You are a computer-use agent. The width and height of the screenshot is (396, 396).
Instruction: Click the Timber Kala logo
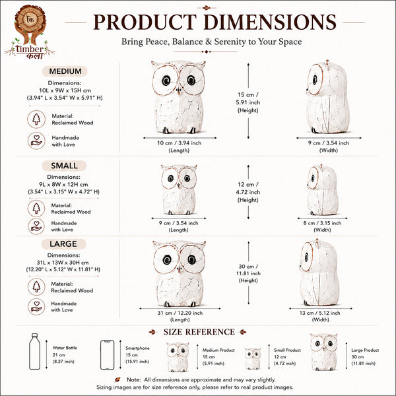coord(30,32)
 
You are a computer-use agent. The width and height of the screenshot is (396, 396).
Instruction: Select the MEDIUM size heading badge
coord(65,71)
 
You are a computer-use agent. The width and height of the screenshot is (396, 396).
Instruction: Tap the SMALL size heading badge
coord(64,166)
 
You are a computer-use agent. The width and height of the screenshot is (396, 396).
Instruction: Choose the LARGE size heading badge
coord(63,244)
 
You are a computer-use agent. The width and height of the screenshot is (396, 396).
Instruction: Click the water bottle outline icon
coord(34,351)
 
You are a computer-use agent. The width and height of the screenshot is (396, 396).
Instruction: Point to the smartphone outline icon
coord(107,355)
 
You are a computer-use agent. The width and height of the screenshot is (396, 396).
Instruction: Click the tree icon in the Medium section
coord(36,119)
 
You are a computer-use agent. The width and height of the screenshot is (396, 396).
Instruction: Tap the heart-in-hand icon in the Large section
coord(36,307)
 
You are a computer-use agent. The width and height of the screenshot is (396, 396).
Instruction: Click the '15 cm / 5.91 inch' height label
coord(247,98)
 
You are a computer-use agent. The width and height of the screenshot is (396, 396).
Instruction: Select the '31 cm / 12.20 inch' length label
coord(180,313)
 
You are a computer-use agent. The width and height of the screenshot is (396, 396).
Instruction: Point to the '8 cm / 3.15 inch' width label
coord(322,223)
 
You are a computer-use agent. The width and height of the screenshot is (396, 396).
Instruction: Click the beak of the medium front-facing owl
coord(179,90)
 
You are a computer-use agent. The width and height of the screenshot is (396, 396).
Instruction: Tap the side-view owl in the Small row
coord(322,189)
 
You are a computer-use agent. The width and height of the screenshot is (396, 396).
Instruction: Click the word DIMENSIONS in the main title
coord(270,22)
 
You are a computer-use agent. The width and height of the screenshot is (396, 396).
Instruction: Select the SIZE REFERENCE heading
coord(199,332)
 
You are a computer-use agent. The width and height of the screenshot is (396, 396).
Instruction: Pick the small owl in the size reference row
coord(253,358)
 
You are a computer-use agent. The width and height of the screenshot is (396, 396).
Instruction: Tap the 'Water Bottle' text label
coord(65,348)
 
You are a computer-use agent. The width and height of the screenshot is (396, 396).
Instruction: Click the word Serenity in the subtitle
coord(230,42)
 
